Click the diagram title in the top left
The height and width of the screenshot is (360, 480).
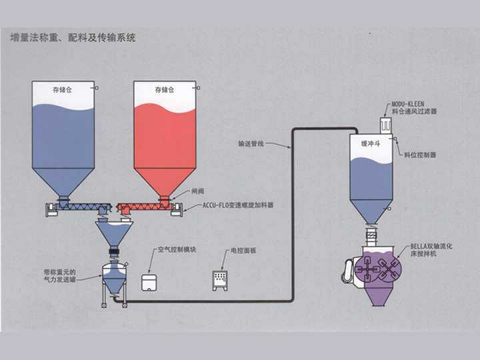(73, 39)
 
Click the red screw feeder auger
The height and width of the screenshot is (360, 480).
(143, 205)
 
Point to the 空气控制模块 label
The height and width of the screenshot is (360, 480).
(177, 251)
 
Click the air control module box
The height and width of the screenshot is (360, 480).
(151, 281)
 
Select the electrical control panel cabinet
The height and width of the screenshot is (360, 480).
(220, 280)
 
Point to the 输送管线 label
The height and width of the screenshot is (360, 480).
(251, 143)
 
